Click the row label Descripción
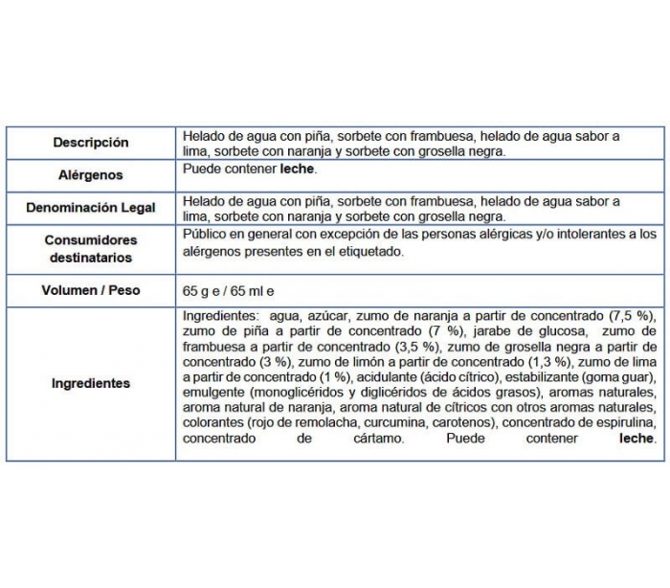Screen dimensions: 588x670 coord(91,143)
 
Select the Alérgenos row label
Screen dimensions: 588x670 coord(91,176)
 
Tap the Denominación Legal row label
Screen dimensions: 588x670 coord(91,208)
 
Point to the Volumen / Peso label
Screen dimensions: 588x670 coord(91,290)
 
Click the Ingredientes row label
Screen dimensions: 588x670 coord(91,383)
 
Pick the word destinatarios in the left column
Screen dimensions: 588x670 coord(91,258)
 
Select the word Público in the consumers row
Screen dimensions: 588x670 coord(205,234)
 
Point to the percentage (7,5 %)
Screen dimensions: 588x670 coord(632,314)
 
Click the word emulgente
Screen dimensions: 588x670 coord(213,392)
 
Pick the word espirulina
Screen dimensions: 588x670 coord(624,423)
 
